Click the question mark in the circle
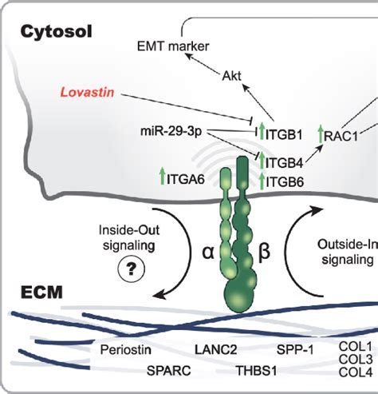click(125, 271)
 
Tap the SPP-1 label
click(296, 349)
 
